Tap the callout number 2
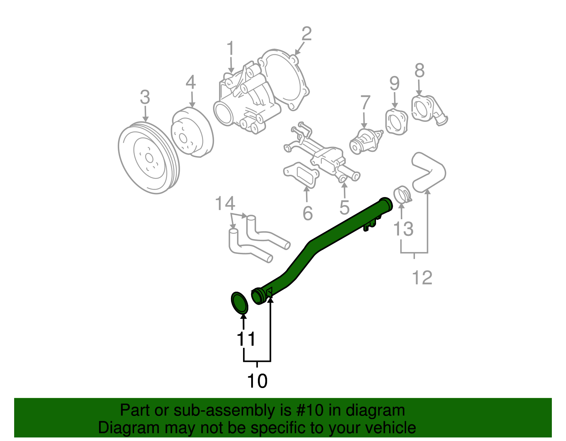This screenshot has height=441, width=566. click(x=307, y=34)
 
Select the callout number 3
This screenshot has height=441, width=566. click(x=145, y=97)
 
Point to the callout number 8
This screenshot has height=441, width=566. click(x=419, y=71)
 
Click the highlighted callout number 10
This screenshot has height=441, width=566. click(x=257, y=381)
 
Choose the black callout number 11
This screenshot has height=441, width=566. click(x=246, y=339)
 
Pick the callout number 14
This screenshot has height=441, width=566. click(x=225, y=204)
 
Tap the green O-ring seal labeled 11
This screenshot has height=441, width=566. click(x=239, y=303)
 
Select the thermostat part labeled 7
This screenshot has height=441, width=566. click(x=364, y=141)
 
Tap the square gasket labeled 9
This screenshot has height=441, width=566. click(x=395, y=122)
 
